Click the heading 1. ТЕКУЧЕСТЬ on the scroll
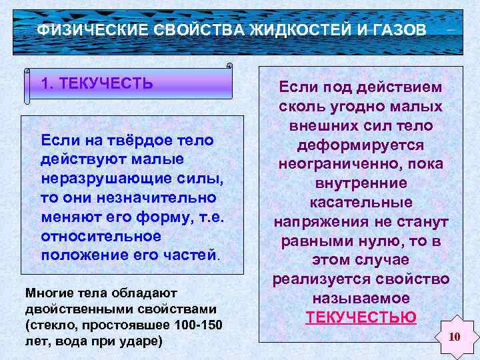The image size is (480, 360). point(97,84)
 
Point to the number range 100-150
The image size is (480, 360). point(196,325)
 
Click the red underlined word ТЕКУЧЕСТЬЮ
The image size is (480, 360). point(361,317)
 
